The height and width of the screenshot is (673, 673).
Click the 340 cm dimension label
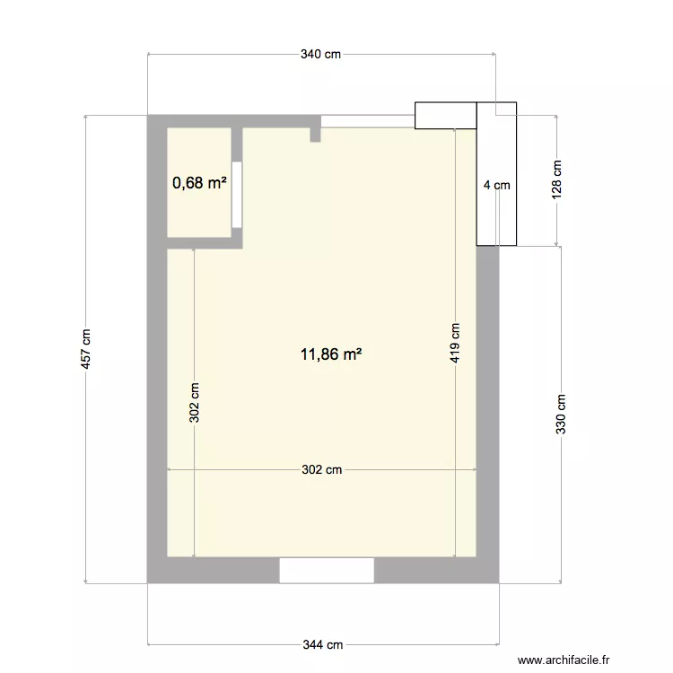pos(321,55)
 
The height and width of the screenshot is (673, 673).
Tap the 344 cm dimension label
pos(322,644)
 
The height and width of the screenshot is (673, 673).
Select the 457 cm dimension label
pos(86,349)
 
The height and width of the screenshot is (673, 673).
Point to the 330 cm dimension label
pos(561,415)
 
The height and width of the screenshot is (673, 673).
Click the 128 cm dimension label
pos(556,180)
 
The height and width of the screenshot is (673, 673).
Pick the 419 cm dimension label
pos(455,343)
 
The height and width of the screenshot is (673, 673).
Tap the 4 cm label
pos(496,186)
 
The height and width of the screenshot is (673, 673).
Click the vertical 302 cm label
pos(194,403)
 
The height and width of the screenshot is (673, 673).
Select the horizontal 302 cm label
pos(321,469)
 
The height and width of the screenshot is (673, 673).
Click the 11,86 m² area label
pos(331,354)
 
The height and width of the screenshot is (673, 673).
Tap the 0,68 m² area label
pos(199,183)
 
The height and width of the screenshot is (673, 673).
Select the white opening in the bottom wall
pos(327,570)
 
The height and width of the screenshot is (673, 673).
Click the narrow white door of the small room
pos(236,194)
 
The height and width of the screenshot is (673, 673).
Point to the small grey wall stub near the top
pos(315,135)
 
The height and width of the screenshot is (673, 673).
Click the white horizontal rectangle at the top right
pos(445,115)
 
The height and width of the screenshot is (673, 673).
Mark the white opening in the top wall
pos(368,120)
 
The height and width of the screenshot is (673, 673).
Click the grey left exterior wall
pos(156,359)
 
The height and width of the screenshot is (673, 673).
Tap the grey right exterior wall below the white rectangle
pos(487,404)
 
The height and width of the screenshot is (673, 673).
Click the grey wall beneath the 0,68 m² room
pos(202,243)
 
